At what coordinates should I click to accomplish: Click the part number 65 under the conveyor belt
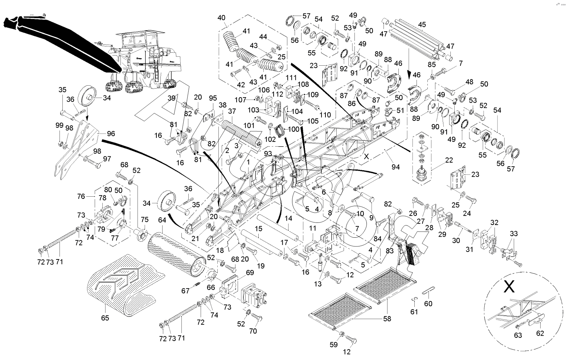pyautogui.click(x=105, y=318)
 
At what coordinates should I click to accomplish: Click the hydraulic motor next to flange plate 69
pyautogui.click(x=254, y=297)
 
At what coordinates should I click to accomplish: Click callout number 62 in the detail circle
pyautogui.click(x=540, y=333)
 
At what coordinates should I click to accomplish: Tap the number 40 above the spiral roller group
pyautogui.click(x=221, y=18)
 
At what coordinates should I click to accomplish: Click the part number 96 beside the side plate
pyautogui.click(x=111, y=134)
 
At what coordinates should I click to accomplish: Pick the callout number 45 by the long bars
pyautogui.click(x=422, y=25)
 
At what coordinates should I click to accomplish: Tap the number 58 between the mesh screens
pyautogui.click(x=387, y=319)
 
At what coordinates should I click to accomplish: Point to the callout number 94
pyautogui.click(x=395, y=167)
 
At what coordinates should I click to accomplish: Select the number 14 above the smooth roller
pyautogui.click(x=288, y=218)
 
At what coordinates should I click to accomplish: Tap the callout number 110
pyautogui.click(x=325, y=115)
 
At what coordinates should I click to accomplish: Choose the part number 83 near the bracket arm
pyautogui.click(x=390, y=251)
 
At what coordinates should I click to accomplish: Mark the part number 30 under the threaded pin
pyautogui.click(x=456, y=240)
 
